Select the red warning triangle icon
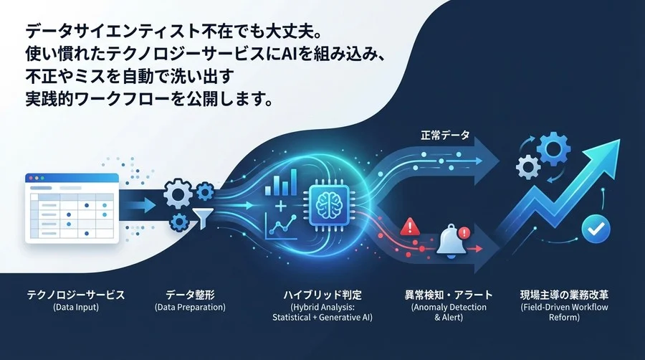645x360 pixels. (411, 227)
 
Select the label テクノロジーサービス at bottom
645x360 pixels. (75, 295)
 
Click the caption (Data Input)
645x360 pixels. (75, 308)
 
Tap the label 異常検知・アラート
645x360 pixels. (449, 295)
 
